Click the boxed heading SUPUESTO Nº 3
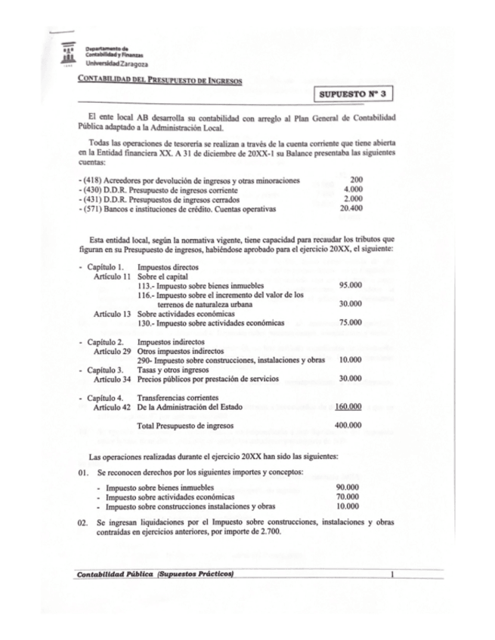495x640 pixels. (354, 94)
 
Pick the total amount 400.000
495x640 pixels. (348, 426)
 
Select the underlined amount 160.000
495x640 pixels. (348, 407)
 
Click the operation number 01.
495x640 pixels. (83, 472)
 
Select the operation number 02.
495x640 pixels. (83, 522)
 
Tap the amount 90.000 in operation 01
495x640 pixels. (347, 488)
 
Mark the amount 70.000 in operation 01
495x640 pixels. (347, 497)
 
